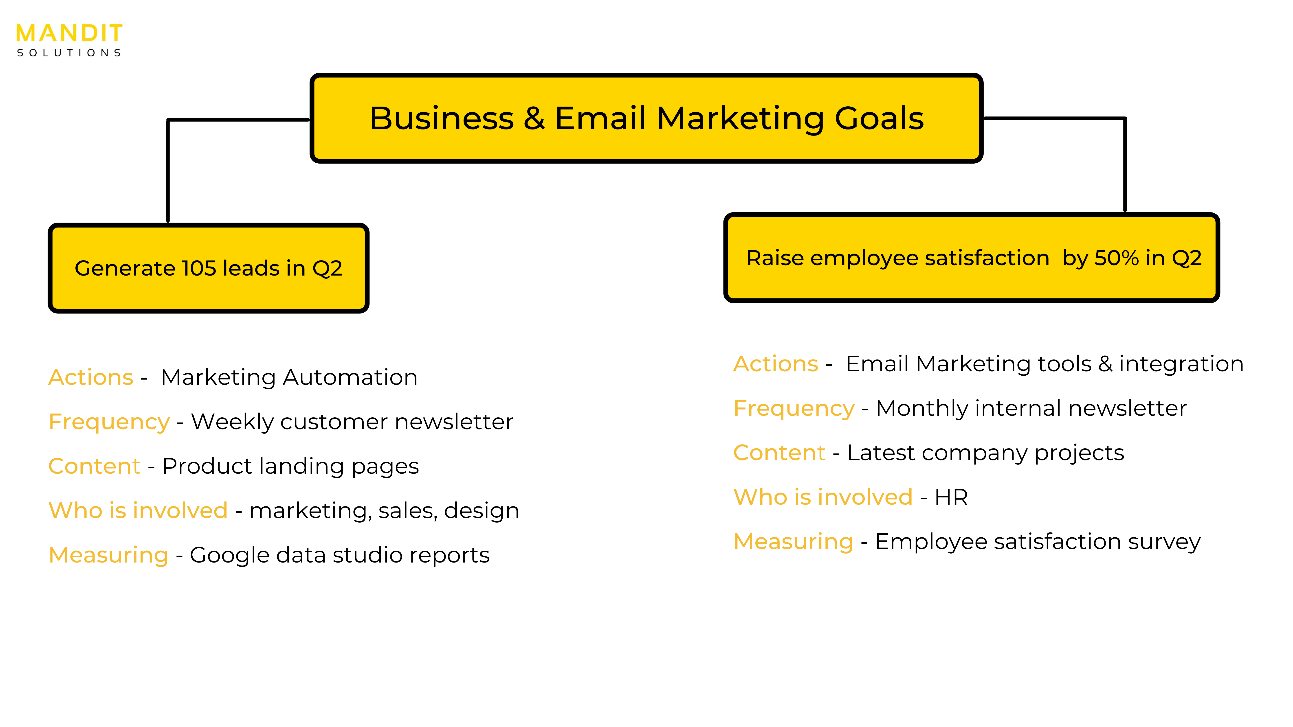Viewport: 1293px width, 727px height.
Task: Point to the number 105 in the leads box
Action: [x=199, y=268]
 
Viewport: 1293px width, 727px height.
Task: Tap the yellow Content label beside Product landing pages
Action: [x=94, y=466]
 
